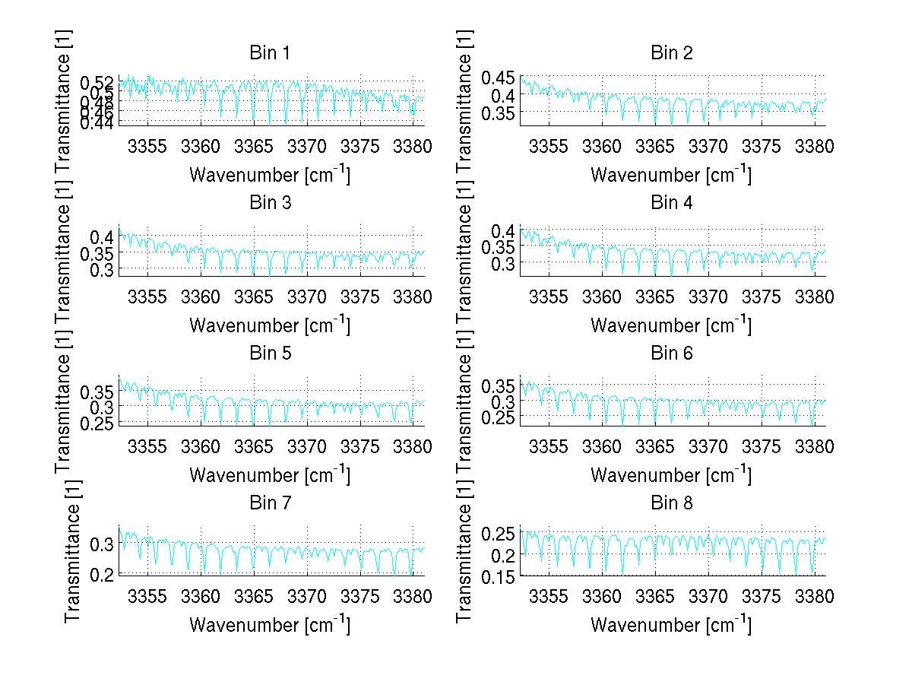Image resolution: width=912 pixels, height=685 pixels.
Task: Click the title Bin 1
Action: pos(269,52)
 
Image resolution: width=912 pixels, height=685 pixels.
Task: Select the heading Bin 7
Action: pos(269,503)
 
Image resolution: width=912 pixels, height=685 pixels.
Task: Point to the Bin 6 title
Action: pos(671,353)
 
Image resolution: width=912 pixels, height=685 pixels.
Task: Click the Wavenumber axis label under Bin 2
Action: pos(671,174)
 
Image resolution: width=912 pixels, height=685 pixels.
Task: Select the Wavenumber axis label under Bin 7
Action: pos(269,624)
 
